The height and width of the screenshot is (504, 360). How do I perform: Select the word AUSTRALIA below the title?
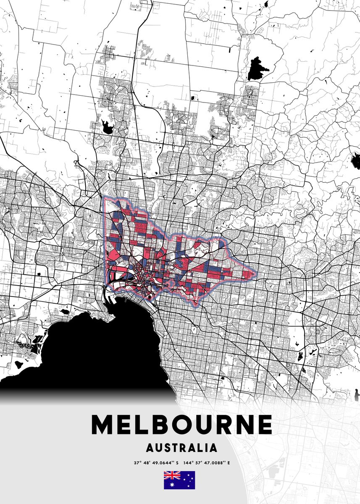pos(181,448)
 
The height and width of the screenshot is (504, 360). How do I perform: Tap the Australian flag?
pos(179,480)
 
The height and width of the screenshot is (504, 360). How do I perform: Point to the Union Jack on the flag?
pos(172,475)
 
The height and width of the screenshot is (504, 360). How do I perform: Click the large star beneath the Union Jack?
pos(172,484)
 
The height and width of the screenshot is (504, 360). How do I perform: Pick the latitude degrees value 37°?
pos(137,463)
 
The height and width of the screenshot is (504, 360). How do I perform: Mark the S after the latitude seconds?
pos(177,463)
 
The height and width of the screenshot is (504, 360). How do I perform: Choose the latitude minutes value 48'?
pos(147,463)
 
